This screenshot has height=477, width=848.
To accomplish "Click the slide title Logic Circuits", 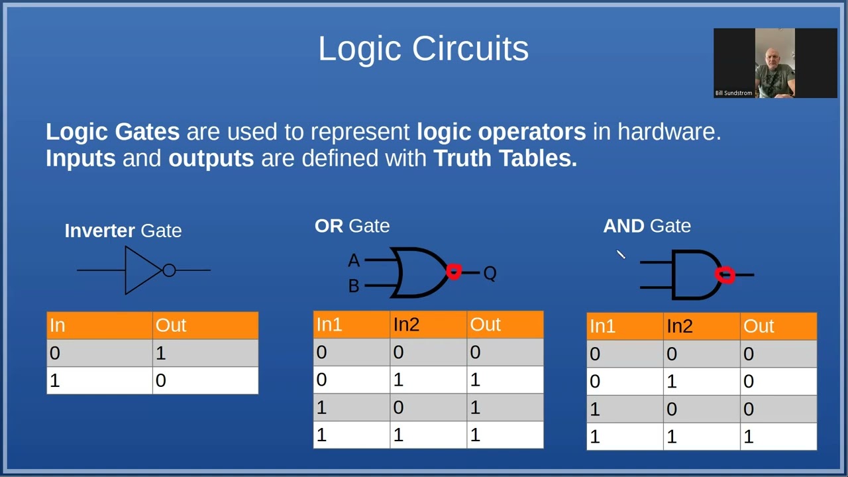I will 423,49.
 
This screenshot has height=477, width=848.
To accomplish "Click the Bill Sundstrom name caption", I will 733,93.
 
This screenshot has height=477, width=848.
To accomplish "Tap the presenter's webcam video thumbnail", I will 775,62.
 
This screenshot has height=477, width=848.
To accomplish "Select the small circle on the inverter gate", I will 169,270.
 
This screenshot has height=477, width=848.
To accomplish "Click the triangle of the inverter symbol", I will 140,270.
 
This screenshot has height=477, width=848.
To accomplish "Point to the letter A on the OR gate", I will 354,261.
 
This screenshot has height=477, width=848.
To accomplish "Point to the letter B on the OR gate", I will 354,286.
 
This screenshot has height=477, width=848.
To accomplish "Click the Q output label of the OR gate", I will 490,273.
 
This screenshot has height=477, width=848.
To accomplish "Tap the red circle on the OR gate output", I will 454,272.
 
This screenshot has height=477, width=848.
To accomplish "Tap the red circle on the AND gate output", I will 725,275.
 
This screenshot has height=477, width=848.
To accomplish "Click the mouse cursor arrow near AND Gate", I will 620,254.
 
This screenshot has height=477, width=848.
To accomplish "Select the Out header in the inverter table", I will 171,325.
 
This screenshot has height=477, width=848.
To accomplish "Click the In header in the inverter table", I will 58,325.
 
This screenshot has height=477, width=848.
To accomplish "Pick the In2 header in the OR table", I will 406,325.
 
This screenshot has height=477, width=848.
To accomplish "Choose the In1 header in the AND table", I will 602,326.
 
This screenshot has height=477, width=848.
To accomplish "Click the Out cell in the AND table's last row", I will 749,437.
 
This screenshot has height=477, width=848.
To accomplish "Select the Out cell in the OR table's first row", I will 475,352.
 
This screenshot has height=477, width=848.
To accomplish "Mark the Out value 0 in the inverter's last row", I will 161,381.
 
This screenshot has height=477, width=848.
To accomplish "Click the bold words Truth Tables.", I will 505,158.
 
